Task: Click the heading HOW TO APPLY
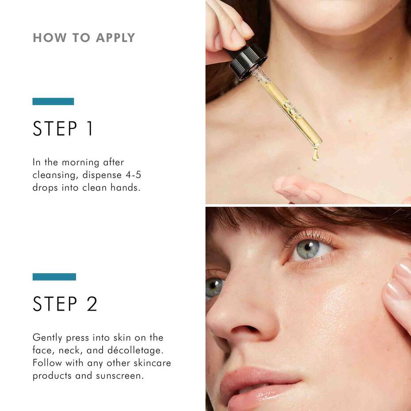[84, 38]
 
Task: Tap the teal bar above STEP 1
[53, 101]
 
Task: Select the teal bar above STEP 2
[54, 277]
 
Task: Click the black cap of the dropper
[248, 61]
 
